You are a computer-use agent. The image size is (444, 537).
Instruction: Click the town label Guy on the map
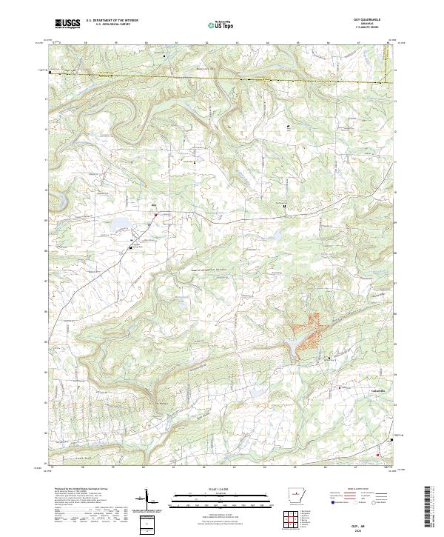[x=155, y=205]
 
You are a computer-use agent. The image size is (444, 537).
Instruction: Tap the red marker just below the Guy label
[x=155, y=215]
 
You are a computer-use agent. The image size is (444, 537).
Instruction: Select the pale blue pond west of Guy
[x=119, y=221]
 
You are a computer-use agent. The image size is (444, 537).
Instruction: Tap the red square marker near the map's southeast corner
[x=379, y=454]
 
